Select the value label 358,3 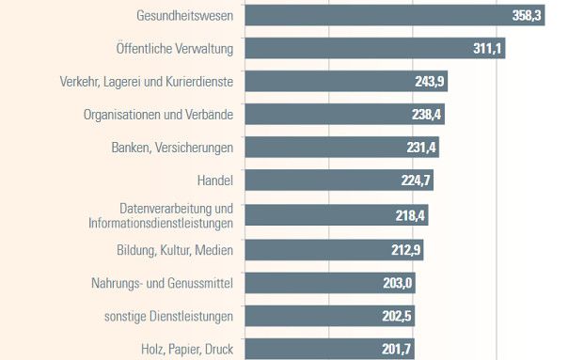coord(527,16)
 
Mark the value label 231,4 coord(420,148)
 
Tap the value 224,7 coord(416,180)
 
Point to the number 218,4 coord(411,215)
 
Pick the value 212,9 coord(406,249)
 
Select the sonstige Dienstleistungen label coord(168,316)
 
